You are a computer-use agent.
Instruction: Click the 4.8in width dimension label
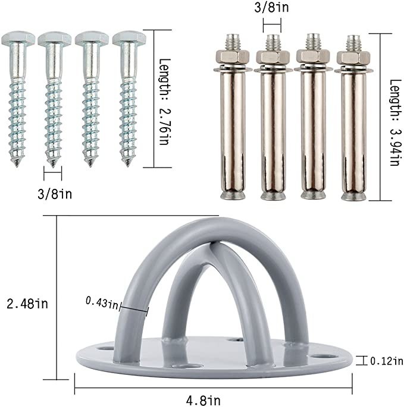pyautogui.click(x=203, y=400)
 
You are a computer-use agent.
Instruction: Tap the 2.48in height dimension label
pyautogui.click(x=27, y=304)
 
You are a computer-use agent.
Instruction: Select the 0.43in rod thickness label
pyautogui.click(x=102, y=303)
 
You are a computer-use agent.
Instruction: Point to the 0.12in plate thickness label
pyautogui.click(x=386, y=361)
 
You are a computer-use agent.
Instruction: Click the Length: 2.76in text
pyautogui.click(x=165, y=102)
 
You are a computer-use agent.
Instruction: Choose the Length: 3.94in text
pyautogui.click(x=396, y=122)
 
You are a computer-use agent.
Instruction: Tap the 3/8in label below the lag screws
pyautogui.click(x=55, y=194)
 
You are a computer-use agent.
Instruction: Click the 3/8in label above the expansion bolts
pyautogui.click(x=271, y=7)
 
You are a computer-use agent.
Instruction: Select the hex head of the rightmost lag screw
pyautogui.click(x=129, y=39)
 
